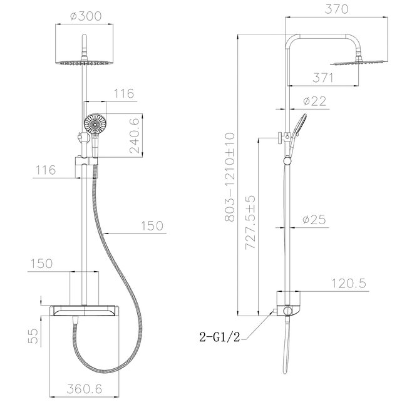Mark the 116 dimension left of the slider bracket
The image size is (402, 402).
coord(46,170)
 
